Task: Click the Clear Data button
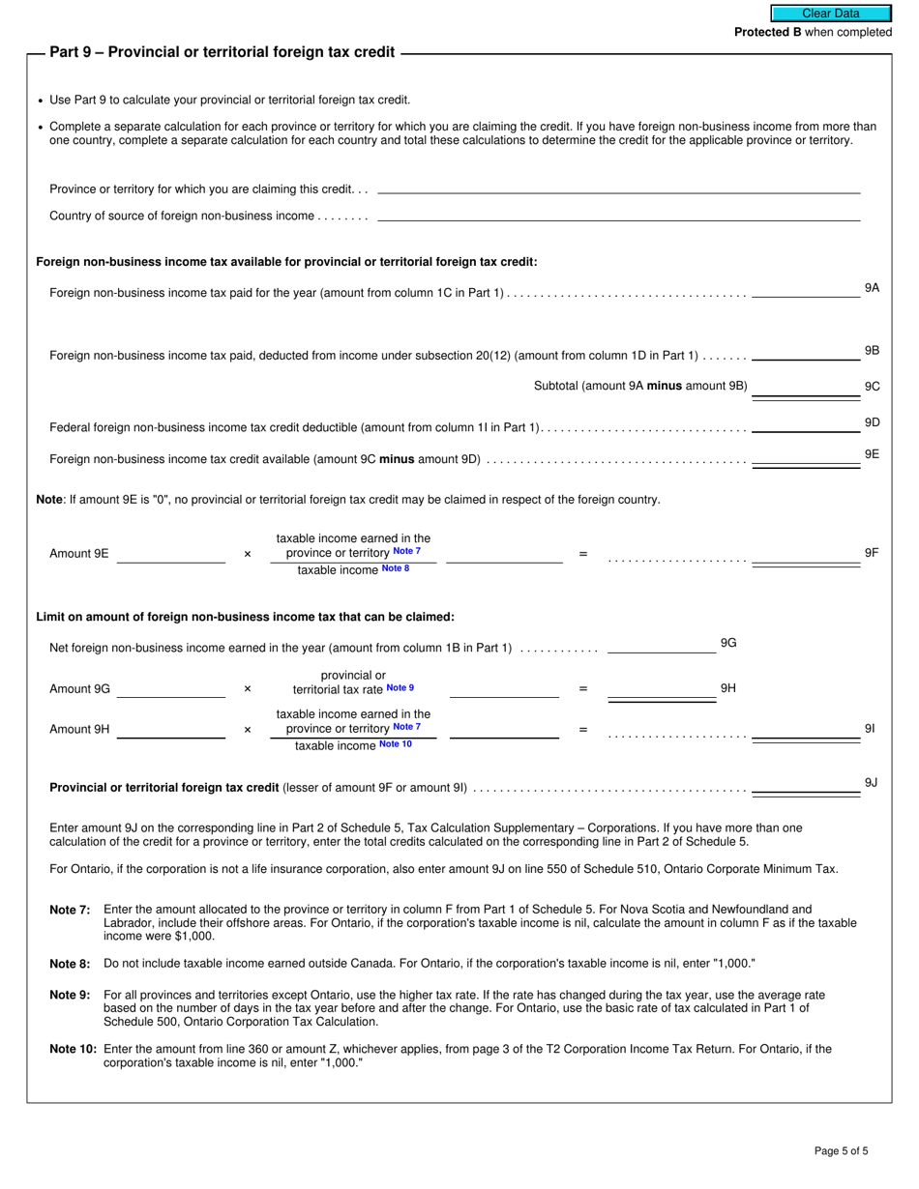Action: (x=830, y=14)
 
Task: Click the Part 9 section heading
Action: (x=222, y=52)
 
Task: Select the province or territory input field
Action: (x=618, y=188)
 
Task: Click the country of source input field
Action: (x=618, y=215)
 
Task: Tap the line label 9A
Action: (x=872, y=288)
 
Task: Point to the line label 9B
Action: (x=872, y=351)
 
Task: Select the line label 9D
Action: (x=872, y=422)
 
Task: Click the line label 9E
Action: (x=872, y=454)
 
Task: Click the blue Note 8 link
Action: (x=396, y=568)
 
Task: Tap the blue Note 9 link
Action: (x=400, y=688)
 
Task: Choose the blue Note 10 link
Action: (x=395, y=744)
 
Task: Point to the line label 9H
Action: (x=728, y=688)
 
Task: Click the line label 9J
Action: (x=871, y=783)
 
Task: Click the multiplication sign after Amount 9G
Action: (x=248, y=689)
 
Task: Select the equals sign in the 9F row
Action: (x=582, y=554)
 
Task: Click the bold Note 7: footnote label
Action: (x=70, y=910)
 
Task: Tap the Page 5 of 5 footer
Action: (x=841, y=1150)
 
